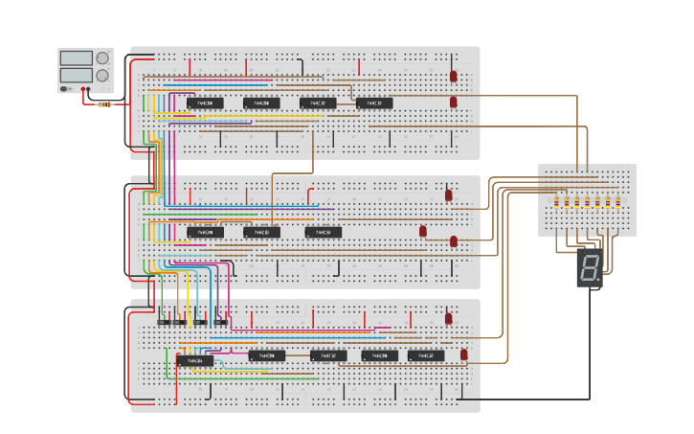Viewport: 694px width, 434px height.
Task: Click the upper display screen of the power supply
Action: pyautogui.click(x=76, y=58)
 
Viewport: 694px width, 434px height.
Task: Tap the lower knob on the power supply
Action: pyautogui.click(x=101, y=75)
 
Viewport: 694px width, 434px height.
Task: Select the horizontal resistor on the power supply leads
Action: pyautogui.click(x=104, y=103)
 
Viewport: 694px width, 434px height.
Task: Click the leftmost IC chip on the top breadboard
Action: pyautogui.click(x=205, y=103)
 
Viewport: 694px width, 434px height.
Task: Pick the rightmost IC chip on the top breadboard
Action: pyautogui.click(x=374, y=103)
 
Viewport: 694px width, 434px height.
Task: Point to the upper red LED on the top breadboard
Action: pyautogui.click(x=454, y=76)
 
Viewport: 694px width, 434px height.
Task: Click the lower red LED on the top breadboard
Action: pyautogui.click(x=454, y=102)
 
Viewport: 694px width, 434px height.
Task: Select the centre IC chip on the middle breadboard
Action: pyautogui.click(x=261, y=232)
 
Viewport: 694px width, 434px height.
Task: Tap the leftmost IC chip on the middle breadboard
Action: pyautogui.click(x=205, y=232)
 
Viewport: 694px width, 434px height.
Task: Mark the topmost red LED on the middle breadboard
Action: pyautogui.click(x=448, y=195)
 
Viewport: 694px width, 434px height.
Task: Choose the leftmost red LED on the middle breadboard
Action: pyautogui.click(x=423, y=231)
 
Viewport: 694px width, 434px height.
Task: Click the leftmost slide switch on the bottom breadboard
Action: pyautogui.click(x=164, y=322)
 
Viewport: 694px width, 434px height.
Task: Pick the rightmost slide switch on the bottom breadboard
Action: pyautogui.click(x=221, y=322)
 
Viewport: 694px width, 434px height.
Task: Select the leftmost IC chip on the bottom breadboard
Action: pyautogui.click(x=194, y=360)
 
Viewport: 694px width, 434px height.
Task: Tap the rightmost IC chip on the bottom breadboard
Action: pyautogui.click(x=426, y=355)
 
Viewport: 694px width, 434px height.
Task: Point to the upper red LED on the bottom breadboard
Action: pyautogui.click(x=448, y=319)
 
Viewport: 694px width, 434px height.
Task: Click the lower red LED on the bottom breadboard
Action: pyautogui.click(x=464, y=354)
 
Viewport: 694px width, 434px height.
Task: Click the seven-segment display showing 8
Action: pyautogui.click(x=589, y=268)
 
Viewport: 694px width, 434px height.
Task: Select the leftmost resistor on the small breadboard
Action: pyautogui.click(x=557, y=202)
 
